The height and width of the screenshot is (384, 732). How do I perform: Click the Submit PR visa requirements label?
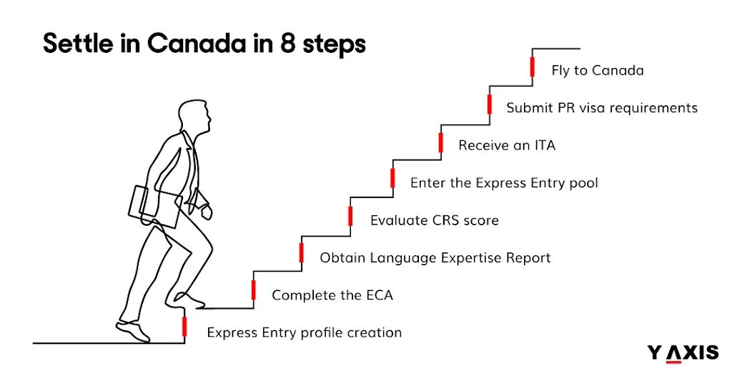[602, 109]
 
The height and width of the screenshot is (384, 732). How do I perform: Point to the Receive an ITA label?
[507, 146]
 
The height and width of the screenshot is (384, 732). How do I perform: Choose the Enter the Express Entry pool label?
[504, 183]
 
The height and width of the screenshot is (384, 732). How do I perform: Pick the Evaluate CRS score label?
[434, 220]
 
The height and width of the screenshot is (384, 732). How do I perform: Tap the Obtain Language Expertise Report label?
[435, 257]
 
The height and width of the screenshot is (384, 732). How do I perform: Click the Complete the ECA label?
[332, 295]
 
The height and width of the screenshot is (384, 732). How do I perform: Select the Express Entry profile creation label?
[304, 333]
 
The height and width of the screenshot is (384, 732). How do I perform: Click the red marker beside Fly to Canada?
[533, 67]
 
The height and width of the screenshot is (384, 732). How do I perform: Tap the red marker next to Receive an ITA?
[440, 141]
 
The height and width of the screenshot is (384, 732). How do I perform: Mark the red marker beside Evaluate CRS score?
[350, 215]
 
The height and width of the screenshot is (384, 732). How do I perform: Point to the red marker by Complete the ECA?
[253, 290]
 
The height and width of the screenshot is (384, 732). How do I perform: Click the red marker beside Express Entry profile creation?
[184, 326]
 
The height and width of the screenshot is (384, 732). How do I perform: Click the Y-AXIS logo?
[683, 353]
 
